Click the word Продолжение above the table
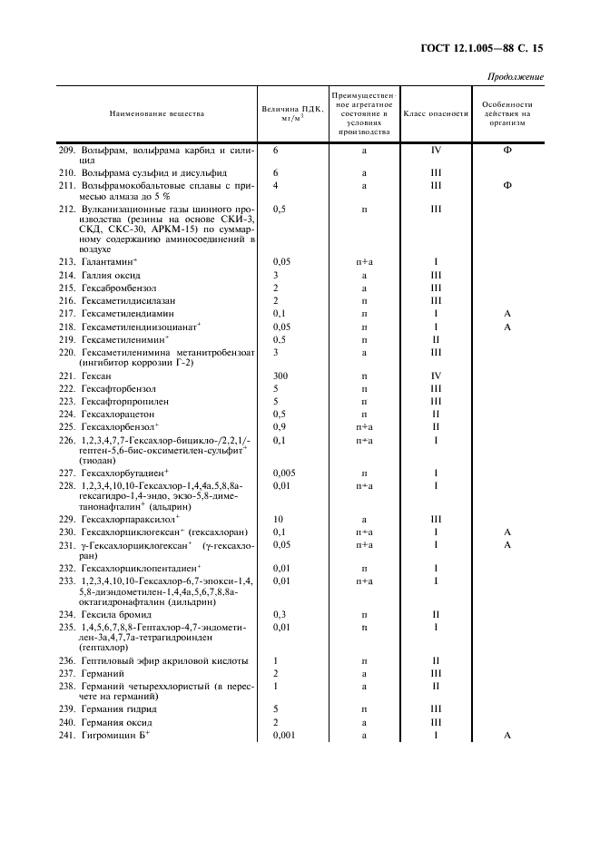(x=516, y=76)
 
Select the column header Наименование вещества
(x=157, y=113)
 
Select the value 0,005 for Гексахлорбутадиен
(x=285, y=473)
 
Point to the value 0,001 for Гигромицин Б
(x=285, y=736)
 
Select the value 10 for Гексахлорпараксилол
(x=279, y=518)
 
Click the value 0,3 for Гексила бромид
(x=280, y=614)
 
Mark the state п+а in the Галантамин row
(x=364, y=261)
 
